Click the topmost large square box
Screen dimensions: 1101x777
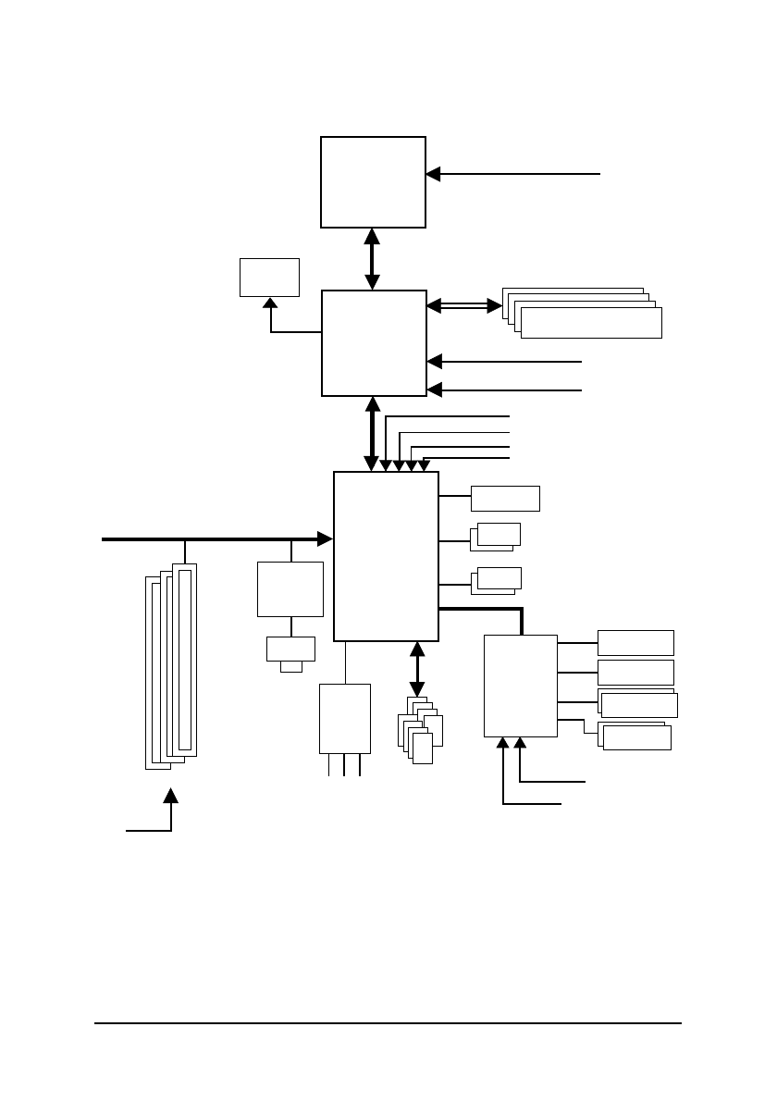click(373, 181)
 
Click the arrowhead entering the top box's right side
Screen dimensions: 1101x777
click(433, 173)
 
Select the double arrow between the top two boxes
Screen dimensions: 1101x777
click(372, 258)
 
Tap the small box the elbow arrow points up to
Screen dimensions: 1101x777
click(269, 277)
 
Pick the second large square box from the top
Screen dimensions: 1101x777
click(374, 342)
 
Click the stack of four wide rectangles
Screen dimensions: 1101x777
click(582, 313)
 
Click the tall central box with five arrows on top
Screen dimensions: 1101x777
click(386, 555)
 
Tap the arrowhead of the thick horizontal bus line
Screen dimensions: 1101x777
click(325, 538)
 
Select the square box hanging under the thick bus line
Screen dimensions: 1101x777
click(290, 588)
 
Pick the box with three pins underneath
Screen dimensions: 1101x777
click(344, 719)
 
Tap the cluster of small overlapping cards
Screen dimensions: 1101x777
click(419, 730)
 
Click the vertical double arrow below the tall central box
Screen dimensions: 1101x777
click(416, 669)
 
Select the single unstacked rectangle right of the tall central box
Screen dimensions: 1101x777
click(505, 498)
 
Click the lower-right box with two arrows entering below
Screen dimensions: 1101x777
click(521, 686)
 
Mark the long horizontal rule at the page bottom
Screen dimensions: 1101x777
click(388, 1023)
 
